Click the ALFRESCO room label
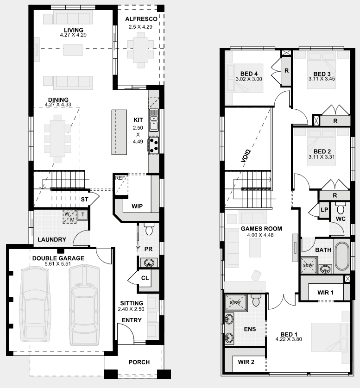(141, 19)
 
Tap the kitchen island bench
(119, 132)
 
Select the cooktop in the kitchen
(154, 145)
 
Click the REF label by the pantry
(120, 178)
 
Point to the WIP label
(137, 207)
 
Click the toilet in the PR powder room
(149, 229)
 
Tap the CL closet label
(145, 278)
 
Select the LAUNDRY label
(52, 239)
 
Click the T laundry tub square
(82, 215)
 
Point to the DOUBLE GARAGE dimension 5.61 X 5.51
(58, 264)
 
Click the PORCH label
(139, 362)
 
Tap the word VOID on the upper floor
(246, 156)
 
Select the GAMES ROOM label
(261, 229)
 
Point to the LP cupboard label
(324, 210)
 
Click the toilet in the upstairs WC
(341, 208)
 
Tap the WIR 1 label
(325, 293)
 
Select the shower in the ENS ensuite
(236, 302)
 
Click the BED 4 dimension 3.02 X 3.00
(249, 79)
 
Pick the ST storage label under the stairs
(84, 199)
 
